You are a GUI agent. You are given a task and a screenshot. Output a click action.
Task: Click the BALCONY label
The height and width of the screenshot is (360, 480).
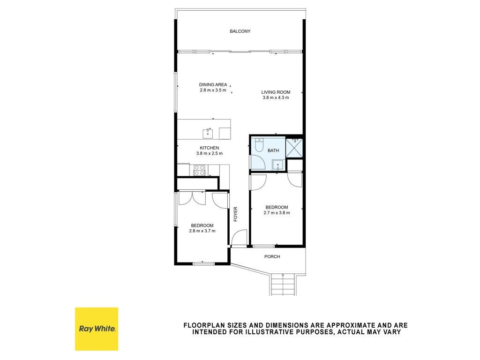click(x=240, y=31)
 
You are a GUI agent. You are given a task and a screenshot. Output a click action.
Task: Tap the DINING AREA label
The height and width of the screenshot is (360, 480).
click(x=213, y=85)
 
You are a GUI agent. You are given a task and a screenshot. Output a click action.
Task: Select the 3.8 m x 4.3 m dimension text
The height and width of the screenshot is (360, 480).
click(x=276, y=97)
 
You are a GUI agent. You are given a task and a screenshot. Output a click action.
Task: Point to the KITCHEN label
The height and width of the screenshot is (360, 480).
click(x=210, y=148)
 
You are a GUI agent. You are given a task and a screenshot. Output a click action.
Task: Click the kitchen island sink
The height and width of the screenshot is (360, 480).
click(x=208, y=134)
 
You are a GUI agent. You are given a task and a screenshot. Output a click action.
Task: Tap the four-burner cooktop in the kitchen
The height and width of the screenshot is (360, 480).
click(x=200, y=170)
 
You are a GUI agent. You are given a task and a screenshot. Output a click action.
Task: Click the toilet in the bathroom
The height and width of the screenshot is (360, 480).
click(x=259, y=145)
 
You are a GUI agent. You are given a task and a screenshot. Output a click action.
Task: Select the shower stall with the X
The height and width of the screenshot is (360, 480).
click(x=294, y=148)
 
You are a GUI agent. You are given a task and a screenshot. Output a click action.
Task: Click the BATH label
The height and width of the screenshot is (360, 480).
click(x=273, y=150)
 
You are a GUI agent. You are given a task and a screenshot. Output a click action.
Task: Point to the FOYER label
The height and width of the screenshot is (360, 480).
click(x=235, y=214)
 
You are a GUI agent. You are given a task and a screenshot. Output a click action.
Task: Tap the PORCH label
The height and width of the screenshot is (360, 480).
click(x=272, y=257)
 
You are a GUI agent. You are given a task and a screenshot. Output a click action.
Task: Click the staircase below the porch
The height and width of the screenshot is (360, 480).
click(x=283, y=284)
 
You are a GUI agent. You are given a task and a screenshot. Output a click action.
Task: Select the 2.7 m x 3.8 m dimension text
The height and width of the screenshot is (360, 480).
click(x=277, y=213)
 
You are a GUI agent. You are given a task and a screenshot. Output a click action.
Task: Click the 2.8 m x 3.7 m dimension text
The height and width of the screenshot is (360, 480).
click(x=202, y=231)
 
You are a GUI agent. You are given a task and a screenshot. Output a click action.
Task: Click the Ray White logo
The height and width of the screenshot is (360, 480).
click(x=97, y=329)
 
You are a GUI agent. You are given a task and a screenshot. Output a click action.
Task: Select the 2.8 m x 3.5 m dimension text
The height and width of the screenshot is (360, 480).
click(x=213, y=90)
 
